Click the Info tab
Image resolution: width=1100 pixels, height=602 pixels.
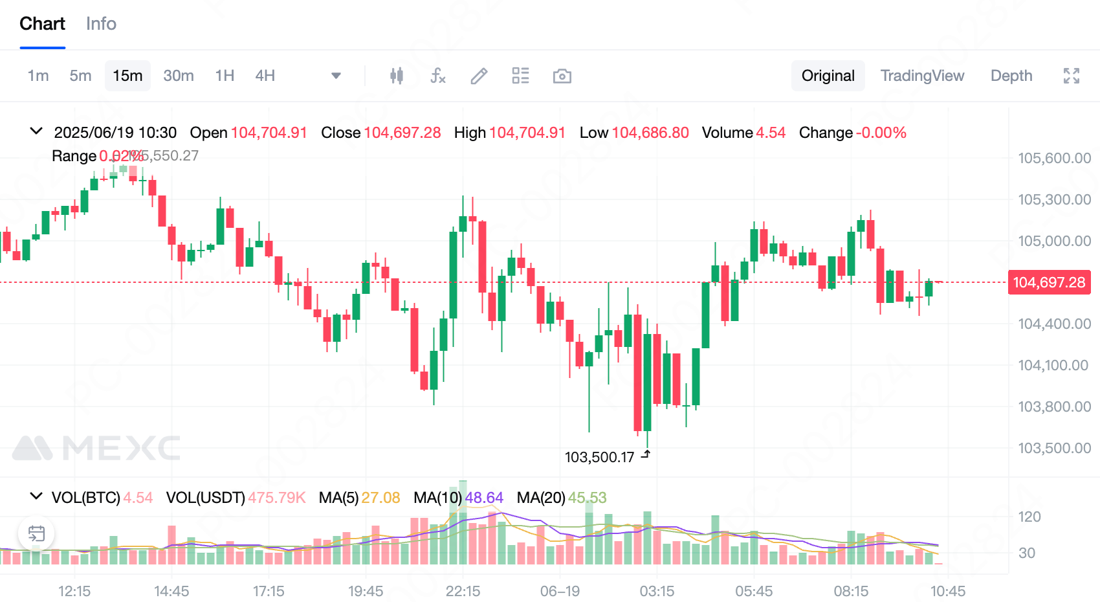101,24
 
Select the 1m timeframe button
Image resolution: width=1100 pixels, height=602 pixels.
38,76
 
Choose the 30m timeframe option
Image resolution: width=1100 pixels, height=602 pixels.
178,76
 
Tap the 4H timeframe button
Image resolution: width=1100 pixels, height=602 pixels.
265,76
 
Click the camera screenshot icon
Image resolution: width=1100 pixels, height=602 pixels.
562,76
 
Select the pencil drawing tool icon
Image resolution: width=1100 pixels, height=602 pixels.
479,76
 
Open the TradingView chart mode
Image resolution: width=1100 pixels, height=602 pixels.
922,76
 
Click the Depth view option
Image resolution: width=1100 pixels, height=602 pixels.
1011,76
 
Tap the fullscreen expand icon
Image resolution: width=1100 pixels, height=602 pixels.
1071,76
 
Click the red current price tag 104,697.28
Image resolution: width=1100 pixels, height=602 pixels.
1048,282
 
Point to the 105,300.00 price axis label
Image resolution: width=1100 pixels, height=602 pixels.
1054,199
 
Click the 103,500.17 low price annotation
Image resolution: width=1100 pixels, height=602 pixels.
599,458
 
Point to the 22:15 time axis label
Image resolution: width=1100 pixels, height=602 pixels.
463,591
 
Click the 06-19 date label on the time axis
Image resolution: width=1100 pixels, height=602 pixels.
560,591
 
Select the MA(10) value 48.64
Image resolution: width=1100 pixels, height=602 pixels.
484,498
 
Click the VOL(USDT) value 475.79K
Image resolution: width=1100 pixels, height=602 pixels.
276,498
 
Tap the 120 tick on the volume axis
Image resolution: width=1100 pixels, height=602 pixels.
1029,517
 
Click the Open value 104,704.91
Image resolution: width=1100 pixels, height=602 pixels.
269,133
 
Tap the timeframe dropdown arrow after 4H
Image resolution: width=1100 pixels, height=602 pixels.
336,76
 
